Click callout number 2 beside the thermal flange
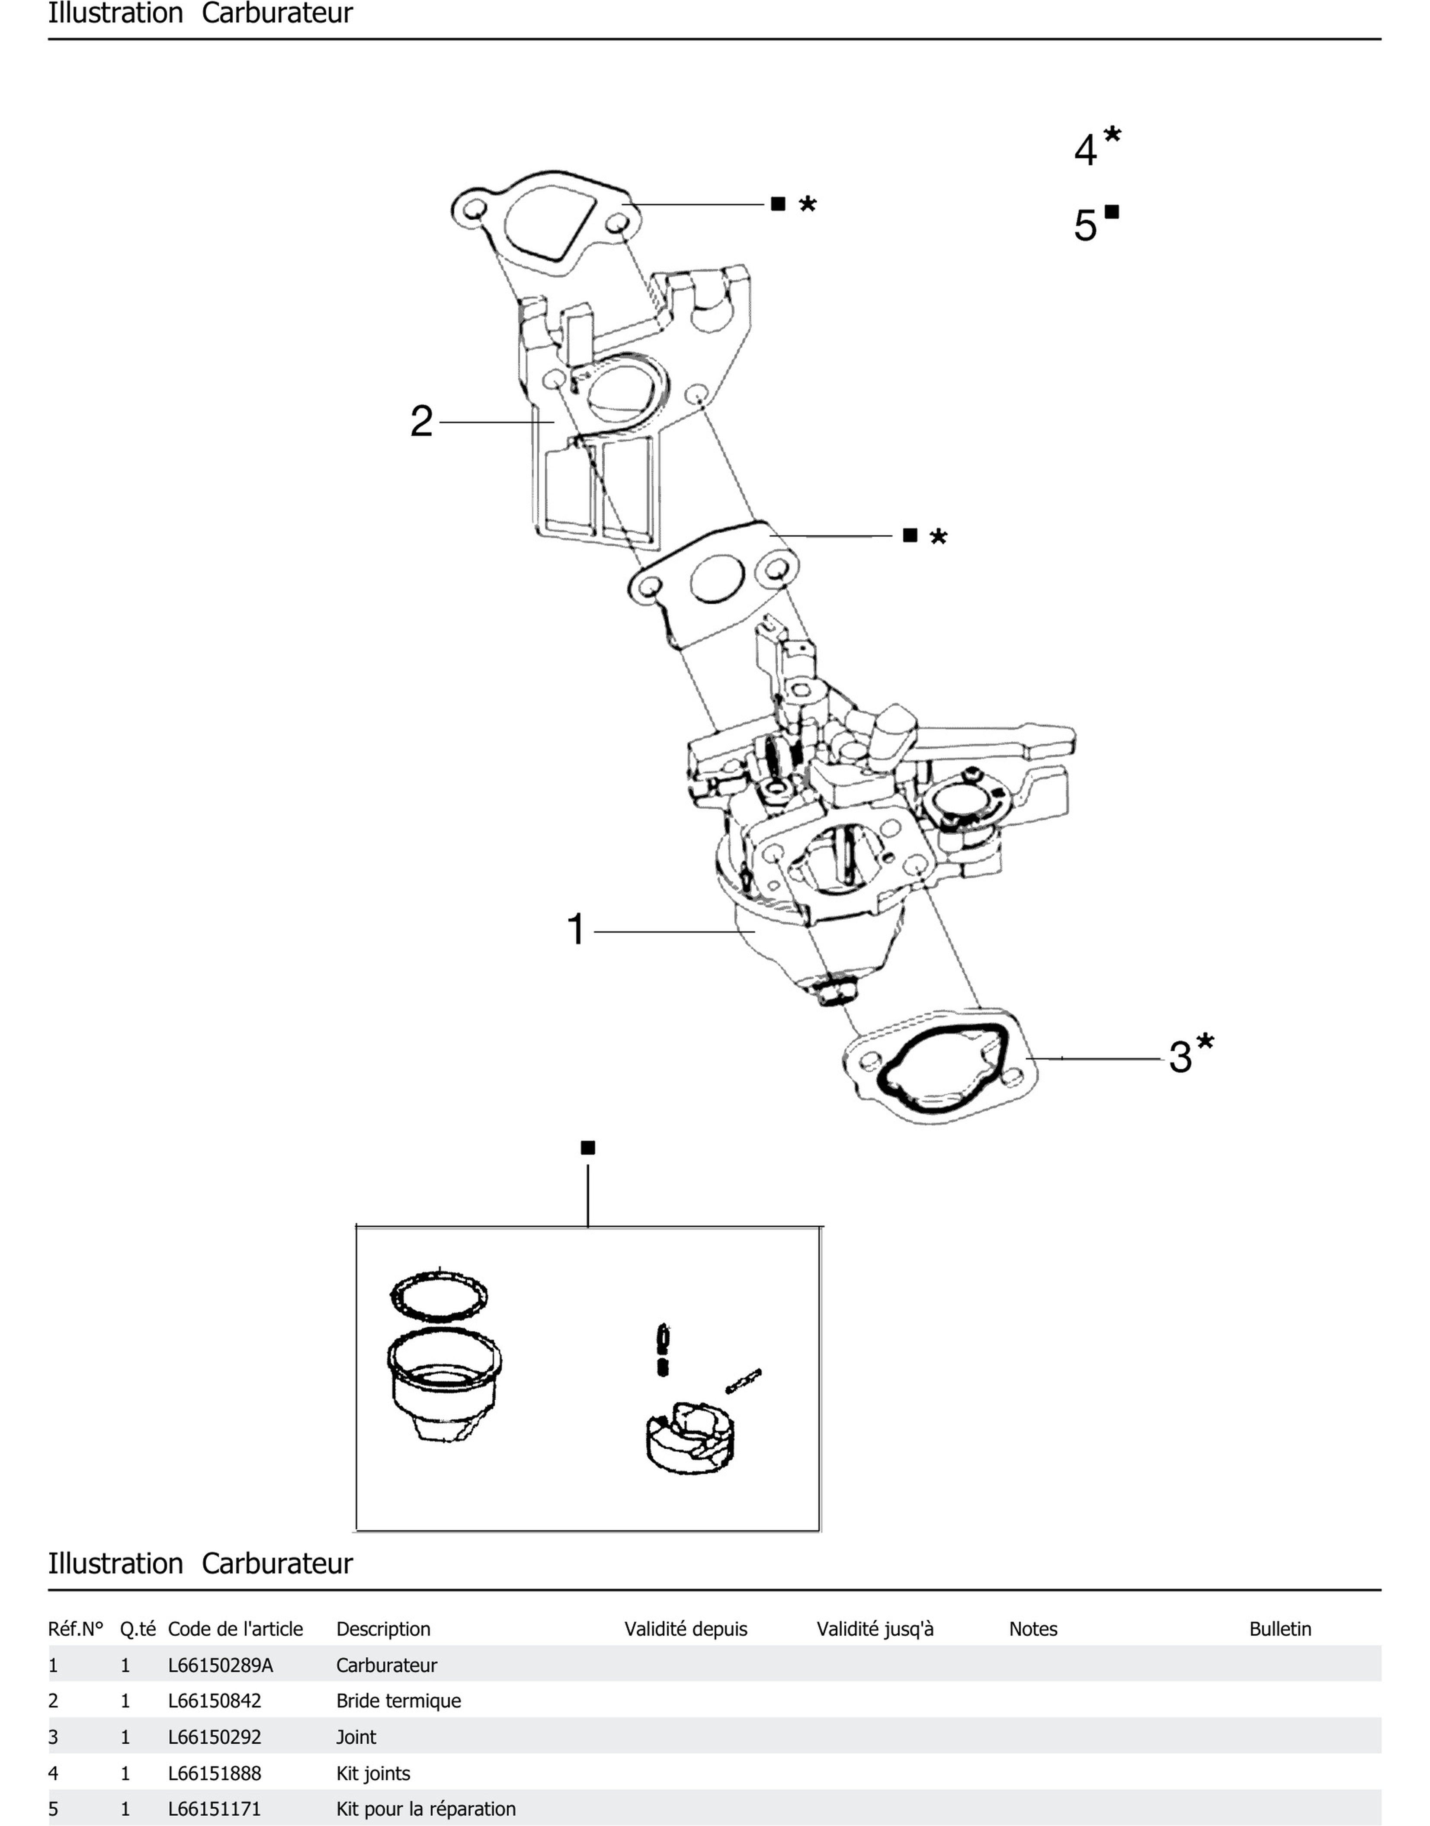421,421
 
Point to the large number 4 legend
1085,151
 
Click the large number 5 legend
1085,225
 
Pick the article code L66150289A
220,1665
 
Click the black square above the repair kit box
588,1148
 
